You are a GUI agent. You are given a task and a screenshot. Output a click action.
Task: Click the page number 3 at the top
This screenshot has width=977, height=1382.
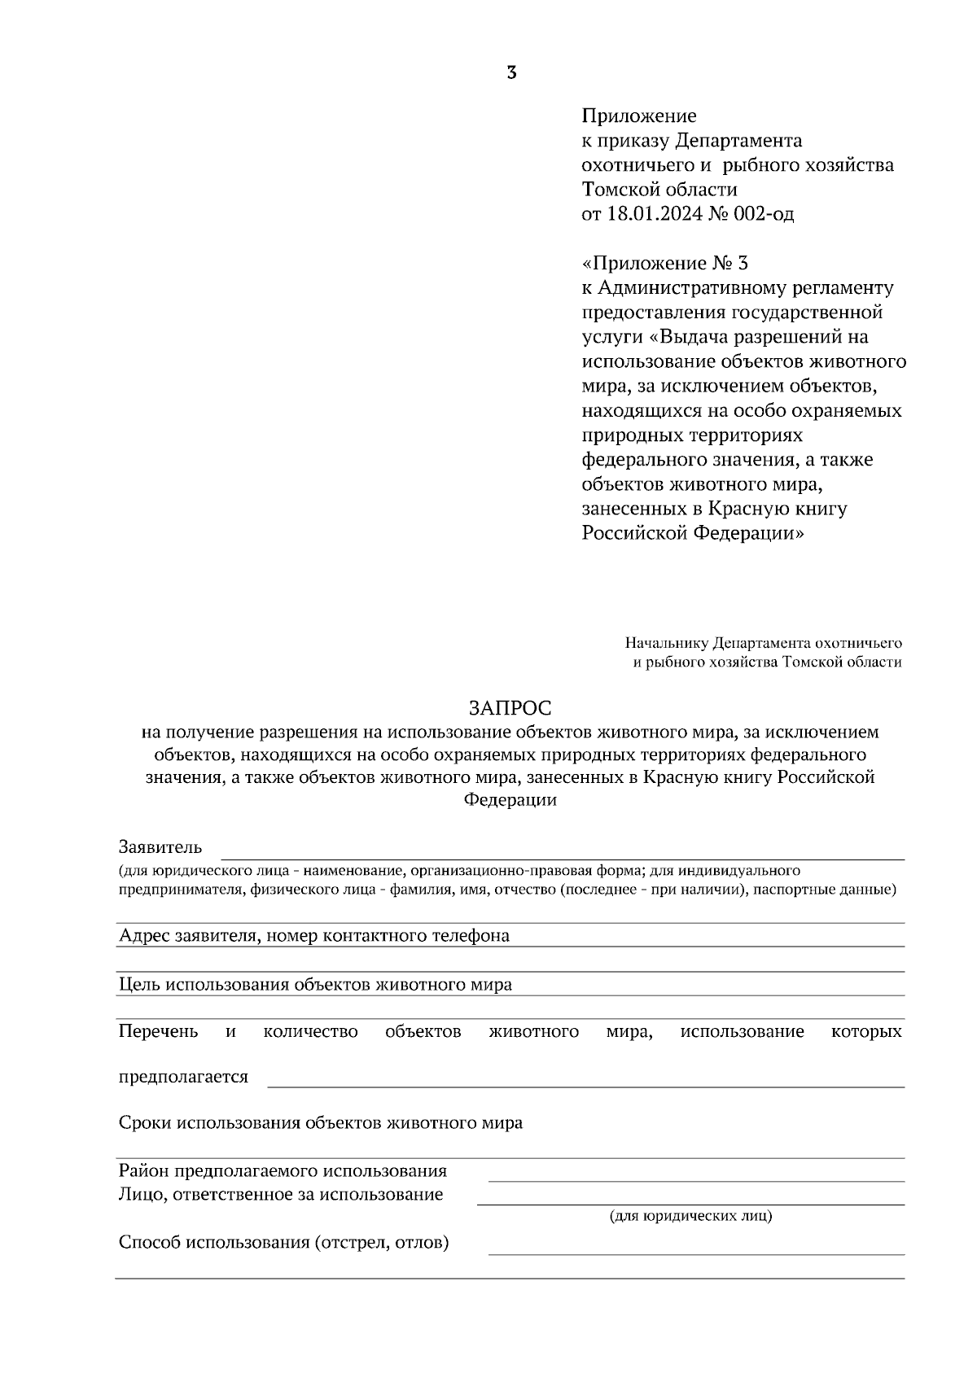pos(510,73)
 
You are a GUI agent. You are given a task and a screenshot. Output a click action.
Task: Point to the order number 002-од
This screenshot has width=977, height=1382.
pos(760,214)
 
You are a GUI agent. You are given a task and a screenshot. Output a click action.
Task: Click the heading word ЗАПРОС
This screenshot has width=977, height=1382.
pos(510,707)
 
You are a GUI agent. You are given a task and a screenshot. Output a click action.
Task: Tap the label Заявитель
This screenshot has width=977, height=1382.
pos(160,847)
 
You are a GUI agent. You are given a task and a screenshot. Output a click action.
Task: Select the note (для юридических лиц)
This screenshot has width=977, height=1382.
pos(690,1216)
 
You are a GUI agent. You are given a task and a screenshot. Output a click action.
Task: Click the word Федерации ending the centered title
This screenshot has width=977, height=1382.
pos(510,800)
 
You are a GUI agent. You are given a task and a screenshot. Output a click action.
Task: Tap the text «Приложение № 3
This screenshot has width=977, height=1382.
pos(665,264)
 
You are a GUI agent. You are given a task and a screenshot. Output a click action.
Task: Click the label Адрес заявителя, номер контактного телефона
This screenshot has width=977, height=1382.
pos(314,936)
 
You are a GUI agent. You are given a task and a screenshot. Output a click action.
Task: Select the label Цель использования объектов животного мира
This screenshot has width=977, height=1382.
pos(315,985)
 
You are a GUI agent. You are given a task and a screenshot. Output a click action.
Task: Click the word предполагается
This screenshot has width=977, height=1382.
pos(183,1077)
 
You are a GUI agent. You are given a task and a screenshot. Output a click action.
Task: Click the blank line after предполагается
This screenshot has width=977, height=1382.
pos(586,1084)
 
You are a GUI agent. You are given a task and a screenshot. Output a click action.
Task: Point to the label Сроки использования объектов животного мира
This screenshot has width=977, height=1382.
pos(321,1123)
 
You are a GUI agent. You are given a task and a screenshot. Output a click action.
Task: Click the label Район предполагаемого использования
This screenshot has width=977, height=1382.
pos(283,1171)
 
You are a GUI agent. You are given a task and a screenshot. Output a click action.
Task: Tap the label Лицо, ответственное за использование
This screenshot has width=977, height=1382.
pos(281,1195)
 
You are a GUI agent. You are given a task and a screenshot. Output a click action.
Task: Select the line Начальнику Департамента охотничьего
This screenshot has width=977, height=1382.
pos(763,643)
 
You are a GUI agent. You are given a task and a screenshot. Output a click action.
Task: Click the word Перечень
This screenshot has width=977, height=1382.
pos(158,1032)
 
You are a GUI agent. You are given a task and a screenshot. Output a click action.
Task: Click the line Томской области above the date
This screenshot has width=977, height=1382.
pos(659,190)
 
